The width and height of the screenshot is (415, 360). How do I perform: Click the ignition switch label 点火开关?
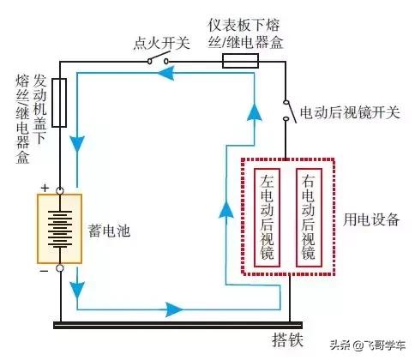point(162,43)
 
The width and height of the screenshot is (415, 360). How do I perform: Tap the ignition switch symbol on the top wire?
point(158,58)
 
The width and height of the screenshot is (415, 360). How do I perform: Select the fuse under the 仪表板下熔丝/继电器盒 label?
point(241,61)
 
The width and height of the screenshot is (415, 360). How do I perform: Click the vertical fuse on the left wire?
point(59,103)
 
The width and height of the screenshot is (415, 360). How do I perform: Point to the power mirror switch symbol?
point(289,111)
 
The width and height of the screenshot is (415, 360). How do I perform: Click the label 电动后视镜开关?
point(350,112)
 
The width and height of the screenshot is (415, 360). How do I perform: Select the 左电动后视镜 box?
point(267,218)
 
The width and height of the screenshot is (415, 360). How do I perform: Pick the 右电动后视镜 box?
point(309,218)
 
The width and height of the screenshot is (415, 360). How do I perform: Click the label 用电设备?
point(371,219)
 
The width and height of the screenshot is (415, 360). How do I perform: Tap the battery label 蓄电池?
point(109,231)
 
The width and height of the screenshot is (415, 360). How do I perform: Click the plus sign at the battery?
point(45,188)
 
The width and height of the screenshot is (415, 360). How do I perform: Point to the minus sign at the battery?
point(44,270)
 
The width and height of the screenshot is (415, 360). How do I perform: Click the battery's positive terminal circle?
point(60,190)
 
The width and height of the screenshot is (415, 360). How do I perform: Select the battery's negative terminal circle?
point(60,268)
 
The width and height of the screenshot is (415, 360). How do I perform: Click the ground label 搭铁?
point(287,340)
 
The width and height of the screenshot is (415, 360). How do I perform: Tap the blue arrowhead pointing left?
point(165,74)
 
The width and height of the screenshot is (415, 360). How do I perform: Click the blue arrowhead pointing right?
point(175,309)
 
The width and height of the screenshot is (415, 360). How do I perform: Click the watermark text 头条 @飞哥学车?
point(368,345)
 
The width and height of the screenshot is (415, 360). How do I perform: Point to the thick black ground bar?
point(177,325)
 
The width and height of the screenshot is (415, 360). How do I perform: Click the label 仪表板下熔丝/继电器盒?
point(245,33)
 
